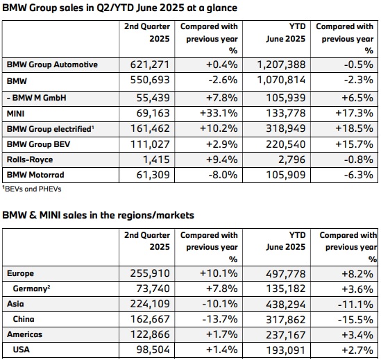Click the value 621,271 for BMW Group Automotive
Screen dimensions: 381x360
tap(150, 65)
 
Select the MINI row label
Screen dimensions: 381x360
tap(15, 114)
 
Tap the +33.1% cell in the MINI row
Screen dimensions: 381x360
tap(219, 113)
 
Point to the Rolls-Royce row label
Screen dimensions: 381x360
tap(30, 160)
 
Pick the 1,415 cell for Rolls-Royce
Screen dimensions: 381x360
tap(156, 160)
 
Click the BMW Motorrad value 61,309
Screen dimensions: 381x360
tap(153, 175)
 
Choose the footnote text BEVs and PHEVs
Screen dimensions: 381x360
tap(32, 189)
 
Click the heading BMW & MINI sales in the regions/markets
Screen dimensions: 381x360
tap(98, 215)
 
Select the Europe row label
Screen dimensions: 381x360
tap(20, 273)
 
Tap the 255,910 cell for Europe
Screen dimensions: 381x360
tap(150, 273)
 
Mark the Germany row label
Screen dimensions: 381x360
tap(32, 289)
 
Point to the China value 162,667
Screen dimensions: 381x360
tap(150, 319)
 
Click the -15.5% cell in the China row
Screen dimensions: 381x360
tap(355, 320)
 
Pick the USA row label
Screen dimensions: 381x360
tap(22, 350)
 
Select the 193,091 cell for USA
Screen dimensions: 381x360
tap(285, 350)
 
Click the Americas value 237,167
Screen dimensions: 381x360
tap(285, 335)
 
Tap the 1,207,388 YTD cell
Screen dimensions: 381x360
tap(281, 65)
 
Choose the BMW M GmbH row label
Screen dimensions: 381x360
tap(37, 98)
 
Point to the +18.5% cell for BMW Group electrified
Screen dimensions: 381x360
tap(354, 128)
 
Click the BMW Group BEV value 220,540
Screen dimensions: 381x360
tap(285, 144)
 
